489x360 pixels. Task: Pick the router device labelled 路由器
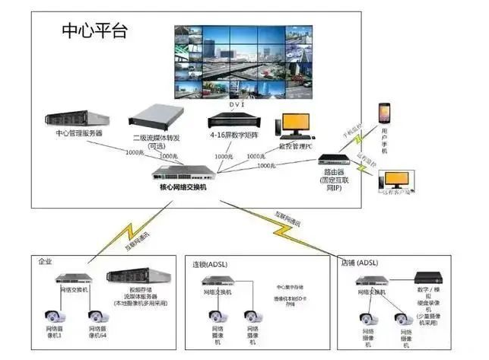333,161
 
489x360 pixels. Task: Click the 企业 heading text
46,261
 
